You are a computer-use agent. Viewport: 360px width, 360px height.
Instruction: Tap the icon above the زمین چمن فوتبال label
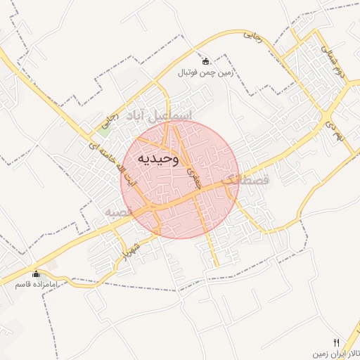click(205, 60)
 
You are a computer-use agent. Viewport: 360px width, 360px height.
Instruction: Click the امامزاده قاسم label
click(36, 285)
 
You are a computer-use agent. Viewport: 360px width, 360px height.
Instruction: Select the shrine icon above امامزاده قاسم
click(36, 274)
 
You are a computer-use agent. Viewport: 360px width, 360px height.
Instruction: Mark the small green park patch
click(104, 129)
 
